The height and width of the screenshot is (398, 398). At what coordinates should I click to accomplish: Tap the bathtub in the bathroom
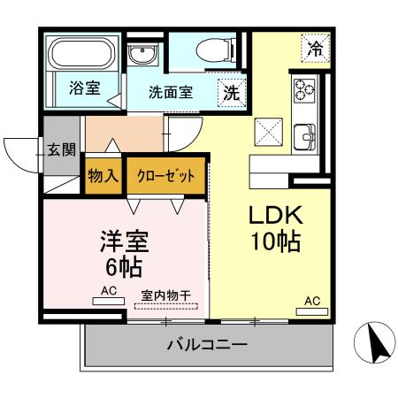[x=80, y=54]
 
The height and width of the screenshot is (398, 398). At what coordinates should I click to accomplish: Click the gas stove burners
[x=304, y=89]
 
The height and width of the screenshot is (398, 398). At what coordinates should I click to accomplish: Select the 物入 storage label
[x=103, y=175]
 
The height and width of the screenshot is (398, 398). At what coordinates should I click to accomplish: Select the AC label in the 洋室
[x=109, y=290]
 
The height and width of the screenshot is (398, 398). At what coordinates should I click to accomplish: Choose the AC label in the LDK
[x=312, y=302]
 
